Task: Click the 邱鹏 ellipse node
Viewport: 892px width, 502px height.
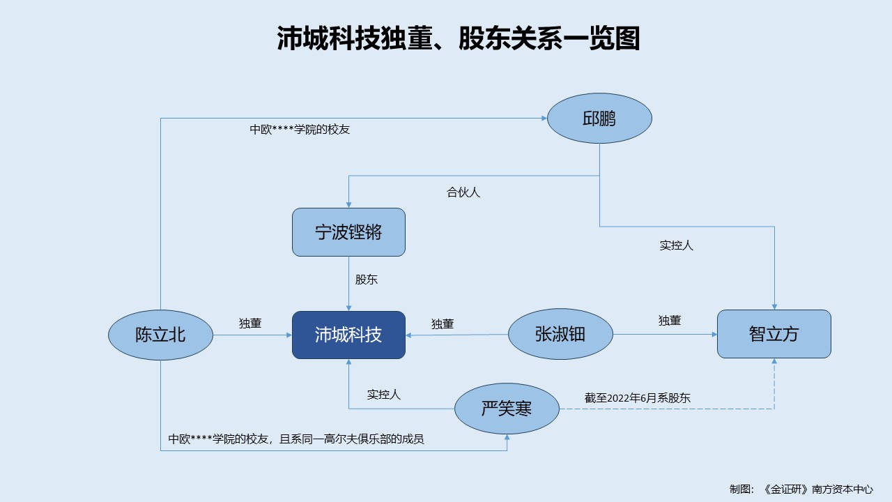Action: pos(599,119)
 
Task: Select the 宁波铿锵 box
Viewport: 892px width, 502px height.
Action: pos(348,232)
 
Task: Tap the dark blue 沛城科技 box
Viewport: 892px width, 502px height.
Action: pos(348,335)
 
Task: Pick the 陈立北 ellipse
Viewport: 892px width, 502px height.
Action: pos(160,335)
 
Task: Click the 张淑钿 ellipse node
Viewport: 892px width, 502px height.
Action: pos(560,335)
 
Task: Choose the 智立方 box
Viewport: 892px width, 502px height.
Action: pos(774,334)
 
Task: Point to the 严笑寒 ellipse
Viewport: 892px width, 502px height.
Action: pos(507,409)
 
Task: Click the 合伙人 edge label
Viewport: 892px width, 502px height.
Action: pos(463,192)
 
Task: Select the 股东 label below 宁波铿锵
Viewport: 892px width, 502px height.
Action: pos(367,280)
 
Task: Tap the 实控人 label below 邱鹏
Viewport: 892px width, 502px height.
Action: pos(676,245)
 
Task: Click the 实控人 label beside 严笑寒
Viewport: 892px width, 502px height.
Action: pos(384,395)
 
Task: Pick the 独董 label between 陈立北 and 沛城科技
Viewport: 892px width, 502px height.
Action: pos(250,323)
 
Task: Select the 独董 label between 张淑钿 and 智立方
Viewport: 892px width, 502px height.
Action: pos(670,321)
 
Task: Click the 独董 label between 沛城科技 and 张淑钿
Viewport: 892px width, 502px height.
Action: pos(443,324)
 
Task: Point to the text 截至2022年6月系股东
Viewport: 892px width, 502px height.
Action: pos(638,398)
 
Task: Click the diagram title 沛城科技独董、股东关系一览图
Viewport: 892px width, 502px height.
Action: pos(458,39)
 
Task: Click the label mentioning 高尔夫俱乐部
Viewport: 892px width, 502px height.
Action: pos(296,439)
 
